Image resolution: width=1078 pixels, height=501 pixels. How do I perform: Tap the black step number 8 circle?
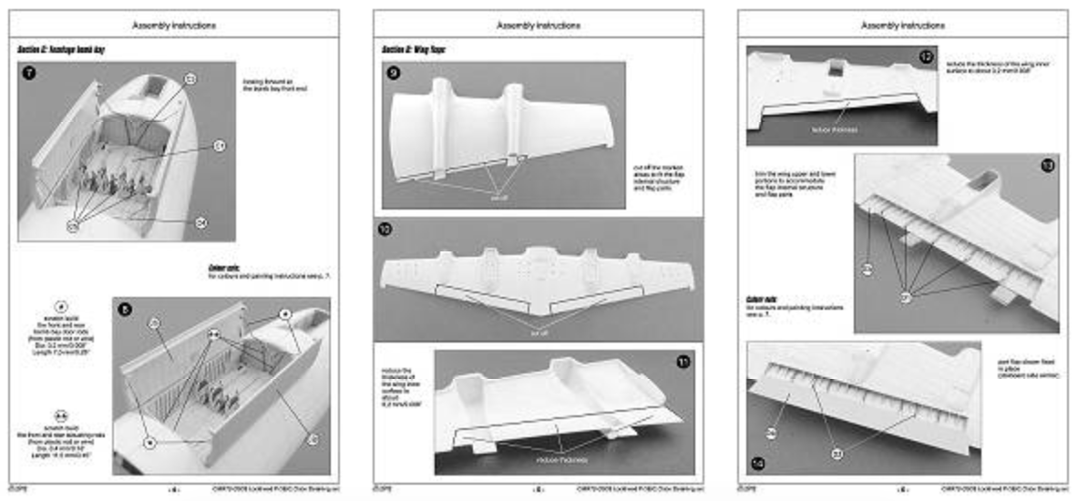(125, 310)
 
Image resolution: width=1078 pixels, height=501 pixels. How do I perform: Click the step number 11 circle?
(683, 363)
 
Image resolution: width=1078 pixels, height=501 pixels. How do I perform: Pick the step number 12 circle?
(926, 57)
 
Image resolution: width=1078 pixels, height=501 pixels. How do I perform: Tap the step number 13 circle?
(1046, 166)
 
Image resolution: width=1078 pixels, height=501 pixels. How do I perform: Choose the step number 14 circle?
(758, 463)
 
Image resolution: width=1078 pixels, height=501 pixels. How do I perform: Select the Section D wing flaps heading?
(414, 48)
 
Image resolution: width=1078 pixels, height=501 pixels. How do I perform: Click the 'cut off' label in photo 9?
(498, 197)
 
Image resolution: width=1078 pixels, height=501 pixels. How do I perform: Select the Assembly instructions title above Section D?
(538, 26)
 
